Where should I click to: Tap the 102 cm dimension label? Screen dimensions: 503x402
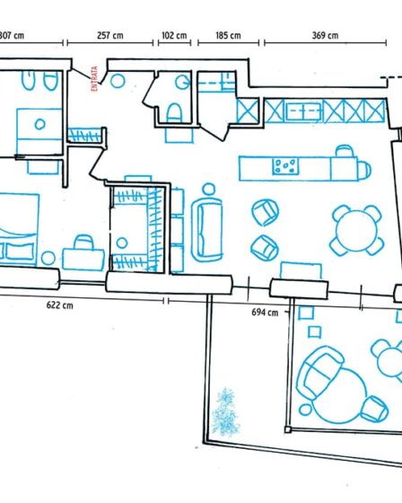(173, 36)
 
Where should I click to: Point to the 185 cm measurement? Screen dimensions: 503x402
(229, 36)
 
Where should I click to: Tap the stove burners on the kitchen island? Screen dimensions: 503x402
(287, 165)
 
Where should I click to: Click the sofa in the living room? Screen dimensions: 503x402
(208, 227)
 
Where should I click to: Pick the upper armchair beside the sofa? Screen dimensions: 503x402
(264, 212)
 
